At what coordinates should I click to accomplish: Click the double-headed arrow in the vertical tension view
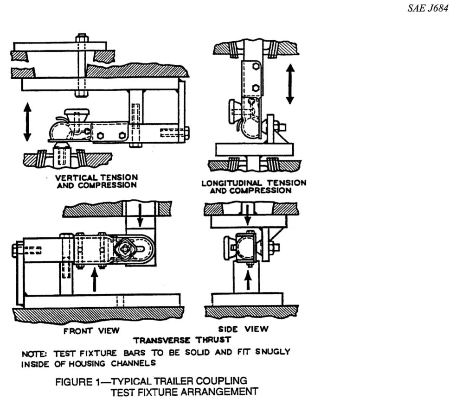pyautogui.click(x=27, y=121)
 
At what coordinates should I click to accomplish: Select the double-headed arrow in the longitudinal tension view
pyautogui.click(x=290, y=84)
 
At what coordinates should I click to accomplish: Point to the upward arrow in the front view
pyautogui.click(x=94, y=280)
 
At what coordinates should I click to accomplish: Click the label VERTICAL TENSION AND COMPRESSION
pyautogui.click(x=96, y=181)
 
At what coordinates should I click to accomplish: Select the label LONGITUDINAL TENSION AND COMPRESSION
pyautogui.click(x=254, y=187)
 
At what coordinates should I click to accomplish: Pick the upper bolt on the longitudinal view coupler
pyautogui.click(x=255, y=66)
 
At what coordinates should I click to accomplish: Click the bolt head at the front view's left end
pyautogui.click(x=15, y=250)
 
